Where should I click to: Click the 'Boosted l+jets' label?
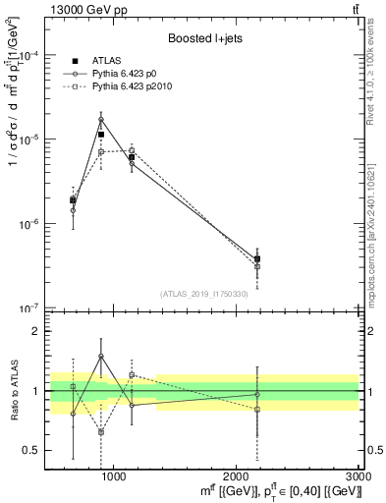tap(196, 38)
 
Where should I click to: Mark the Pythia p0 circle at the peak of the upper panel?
tap(101, 120)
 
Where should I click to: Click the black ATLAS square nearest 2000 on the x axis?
tap(257, 259)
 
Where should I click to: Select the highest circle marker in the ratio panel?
tap(101, 357)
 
